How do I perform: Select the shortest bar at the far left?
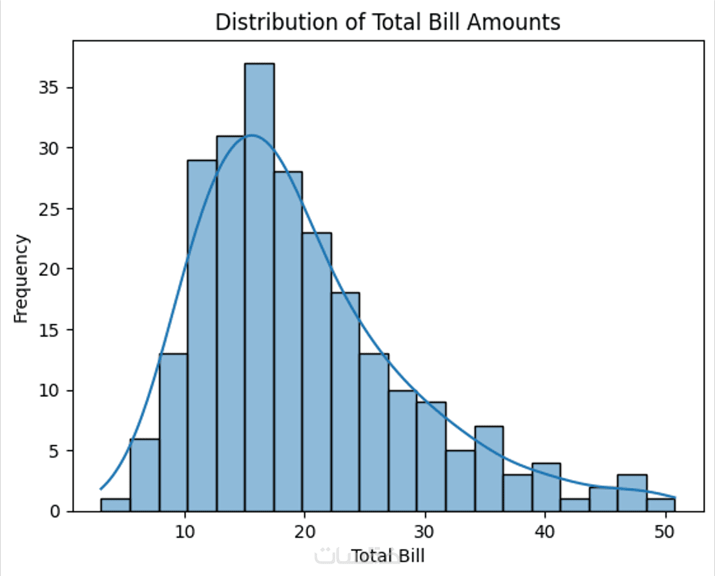(115, 505)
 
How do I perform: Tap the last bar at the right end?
(661, 505)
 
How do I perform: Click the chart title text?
(388, 23)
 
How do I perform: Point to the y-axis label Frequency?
(22, 279)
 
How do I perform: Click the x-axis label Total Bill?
(388, 555)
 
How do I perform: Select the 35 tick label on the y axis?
(52, 88)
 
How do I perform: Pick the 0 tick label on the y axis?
(57, 511)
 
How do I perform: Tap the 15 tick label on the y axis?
(52, 330)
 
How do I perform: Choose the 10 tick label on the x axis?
(186, 531)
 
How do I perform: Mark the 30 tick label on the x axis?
(424, 531)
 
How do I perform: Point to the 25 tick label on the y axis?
(52, 209)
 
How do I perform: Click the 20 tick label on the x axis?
(305, 531)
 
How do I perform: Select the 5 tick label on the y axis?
(57, 451)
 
